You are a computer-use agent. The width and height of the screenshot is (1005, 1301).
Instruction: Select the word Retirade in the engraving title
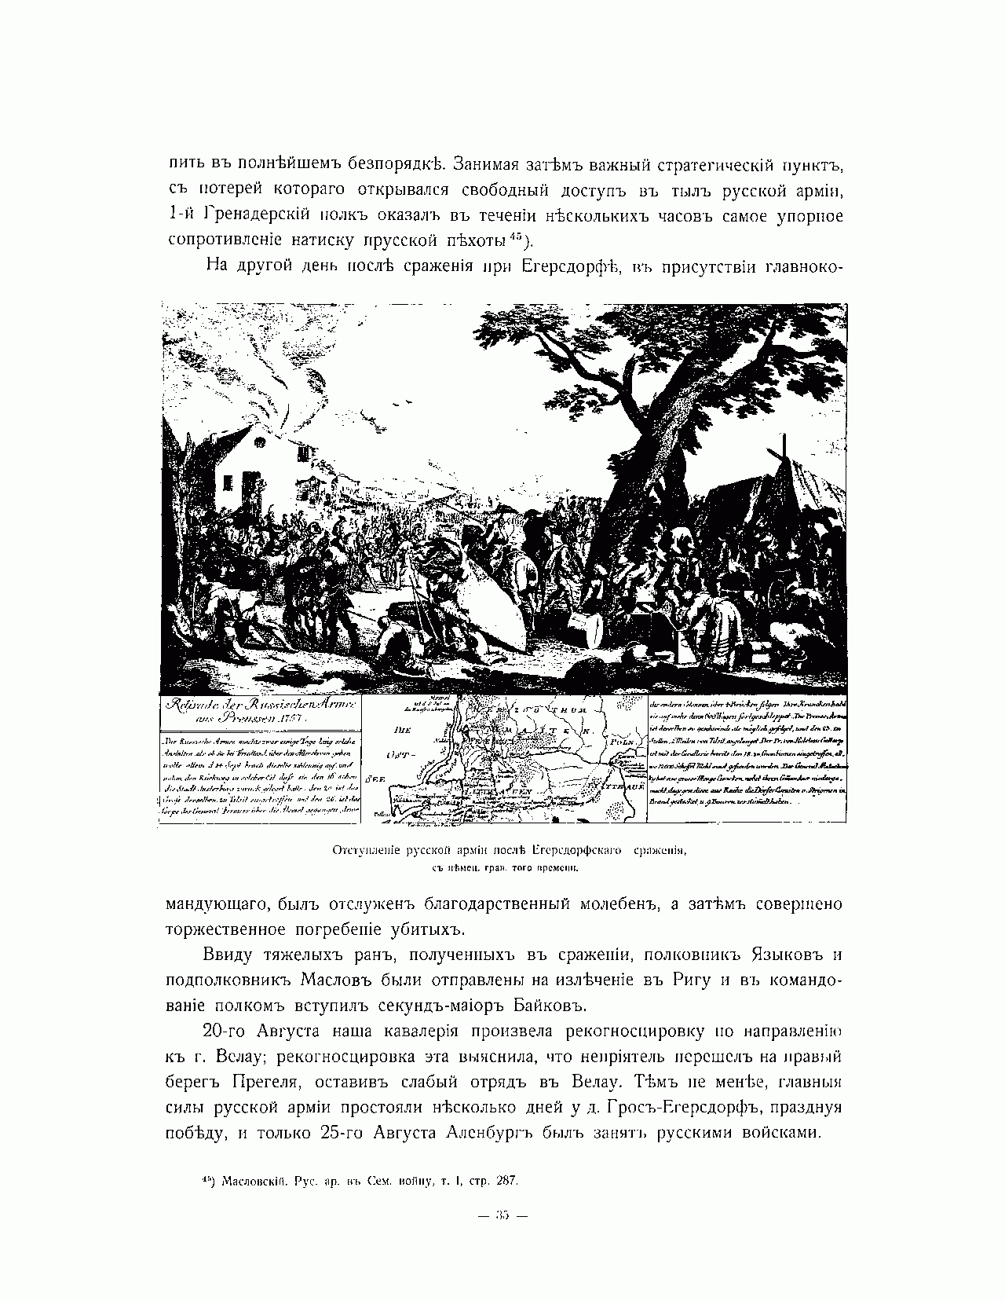point(192,705)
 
